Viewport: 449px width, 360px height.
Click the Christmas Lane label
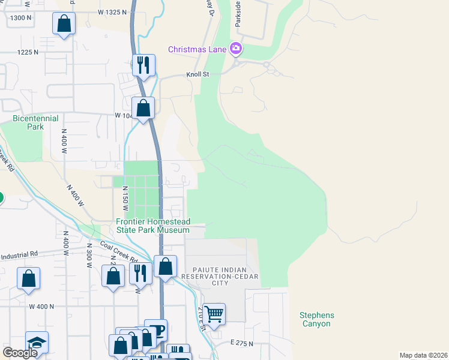pyautogui.click(x=196, y=49)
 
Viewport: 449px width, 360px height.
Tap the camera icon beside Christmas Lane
pyautogui.click(x=236, y=48)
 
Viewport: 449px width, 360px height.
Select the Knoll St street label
pyautogui.click(x=196, y=74)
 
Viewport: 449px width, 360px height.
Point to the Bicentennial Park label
pyautogui.click(x=28, y=123)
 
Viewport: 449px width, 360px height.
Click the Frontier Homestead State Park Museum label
pyautogui.click(x=153, y=226)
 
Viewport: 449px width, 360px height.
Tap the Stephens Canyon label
pyautogui.click(x=316, y=319)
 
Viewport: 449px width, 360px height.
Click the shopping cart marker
pyautogui.click(x=214, y=313)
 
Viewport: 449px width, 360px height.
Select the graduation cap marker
pyautogui.click(x=37, y=342)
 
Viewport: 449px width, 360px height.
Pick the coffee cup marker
pyautogui.click(x=156, y=331)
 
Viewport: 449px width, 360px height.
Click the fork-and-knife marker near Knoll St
pyautogui.click(x=143, y=64)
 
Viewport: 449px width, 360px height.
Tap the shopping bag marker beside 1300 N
pyautogui.click(x=64, y=25)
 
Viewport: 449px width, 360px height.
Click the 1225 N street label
pyautogui.click(x=28, y=52)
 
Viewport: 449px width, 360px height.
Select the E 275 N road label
pyautogui.click(x=241, y=344)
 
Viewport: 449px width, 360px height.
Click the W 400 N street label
pyautogui.click(x=41, y=307)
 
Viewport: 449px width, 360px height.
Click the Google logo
pyautogui.click(x=20, y=353)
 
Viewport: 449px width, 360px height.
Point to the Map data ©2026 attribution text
pyautogui.click(x=423, y=355)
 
